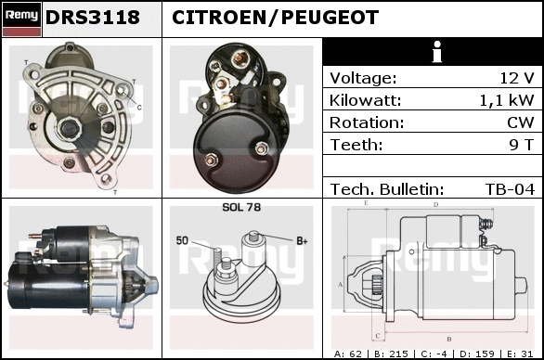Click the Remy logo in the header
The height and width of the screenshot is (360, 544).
[x=22, y=19]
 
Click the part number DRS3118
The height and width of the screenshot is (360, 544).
[x=93, y=18]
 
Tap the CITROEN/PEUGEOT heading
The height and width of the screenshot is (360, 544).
[x=275, y=18]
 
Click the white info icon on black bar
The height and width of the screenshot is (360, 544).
[x=437, y=52]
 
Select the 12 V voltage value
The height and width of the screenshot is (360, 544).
[x=516, y=78]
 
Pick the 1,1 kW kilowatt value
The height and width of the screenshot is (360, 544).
[x=507, y=100]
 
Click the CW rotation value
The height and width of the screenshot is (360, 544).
[x=521, y=122]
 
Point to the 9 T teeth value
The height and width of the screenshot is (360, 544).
[x=521, y=145]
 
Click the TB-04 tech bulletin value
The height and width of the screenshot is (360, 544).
[x=510, y=189]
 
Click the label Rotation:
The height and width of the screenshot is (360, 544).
[x=367, y=122]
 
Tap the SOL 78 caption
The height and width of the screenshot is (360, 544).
[x=241, y=207]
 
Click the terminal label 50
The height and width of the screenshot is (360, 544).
[x=182, y=240]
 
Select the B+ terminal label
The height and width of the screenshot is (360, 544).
[x=302, y=240]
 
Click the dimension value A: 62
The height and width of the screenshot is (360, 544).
[x=347, y=354]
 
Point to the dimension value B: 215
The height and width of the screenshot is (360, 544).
[x=391, y=354]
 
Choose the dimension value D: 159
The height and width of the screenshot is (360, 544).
[x=476, y=354]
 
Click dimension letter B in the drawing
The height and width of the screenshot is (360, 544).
[x=449, y=339]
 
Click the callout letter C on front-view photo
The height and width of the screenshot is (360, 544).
[x=139, y=108]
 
